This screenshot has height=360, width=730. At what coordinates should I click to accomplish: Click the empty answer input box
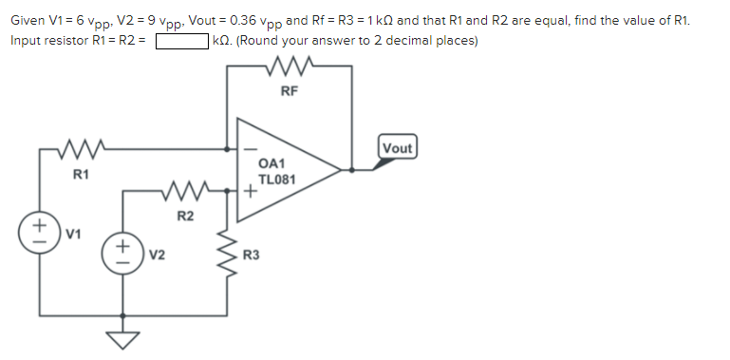click(182, 41)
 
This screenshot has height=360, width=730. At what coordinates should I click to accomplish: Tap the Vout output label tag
click(398, 147)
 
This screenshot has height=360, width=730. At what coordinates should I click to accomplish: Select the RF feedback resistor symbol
click(290, 68)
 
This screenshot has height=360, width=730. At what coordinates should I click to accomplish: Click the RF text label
click(290, 92)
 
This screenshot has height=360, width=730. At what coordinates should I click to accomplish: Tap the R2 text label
click(185, 218)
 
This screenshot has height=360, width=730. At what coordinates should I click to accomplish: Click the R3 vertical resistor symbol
click(228, 255)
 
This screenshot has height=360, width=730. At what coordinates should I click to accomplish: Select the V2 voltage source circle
click(123, 254)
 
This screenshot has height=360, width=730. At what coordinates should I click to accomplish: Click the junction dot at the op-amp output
click(353, 171)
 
